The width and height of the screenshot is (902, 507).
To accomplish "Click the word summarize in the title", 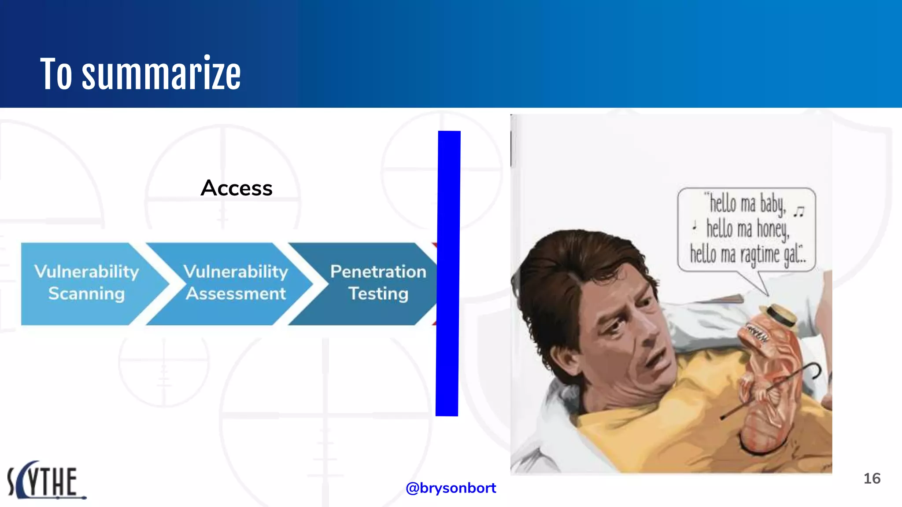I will point(161,74).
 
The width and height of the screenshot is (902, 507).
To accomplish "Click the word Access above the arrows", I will point(237,188).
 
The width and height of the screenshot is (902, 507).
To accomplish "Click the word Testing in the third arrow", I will point(378,294).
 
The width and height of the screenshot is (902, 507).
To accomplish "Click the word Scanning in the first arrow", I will point(87,294).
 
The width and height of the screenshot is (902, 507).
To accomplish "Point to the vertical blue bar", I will point(448,273).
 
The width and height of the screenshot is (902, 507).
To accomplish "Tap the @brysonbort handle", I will point(451,488).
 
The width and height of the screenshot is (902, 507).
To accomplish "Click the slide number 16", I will point(872,478).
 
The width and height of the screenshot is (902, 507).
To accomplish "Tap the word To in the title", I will point(56,74).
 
